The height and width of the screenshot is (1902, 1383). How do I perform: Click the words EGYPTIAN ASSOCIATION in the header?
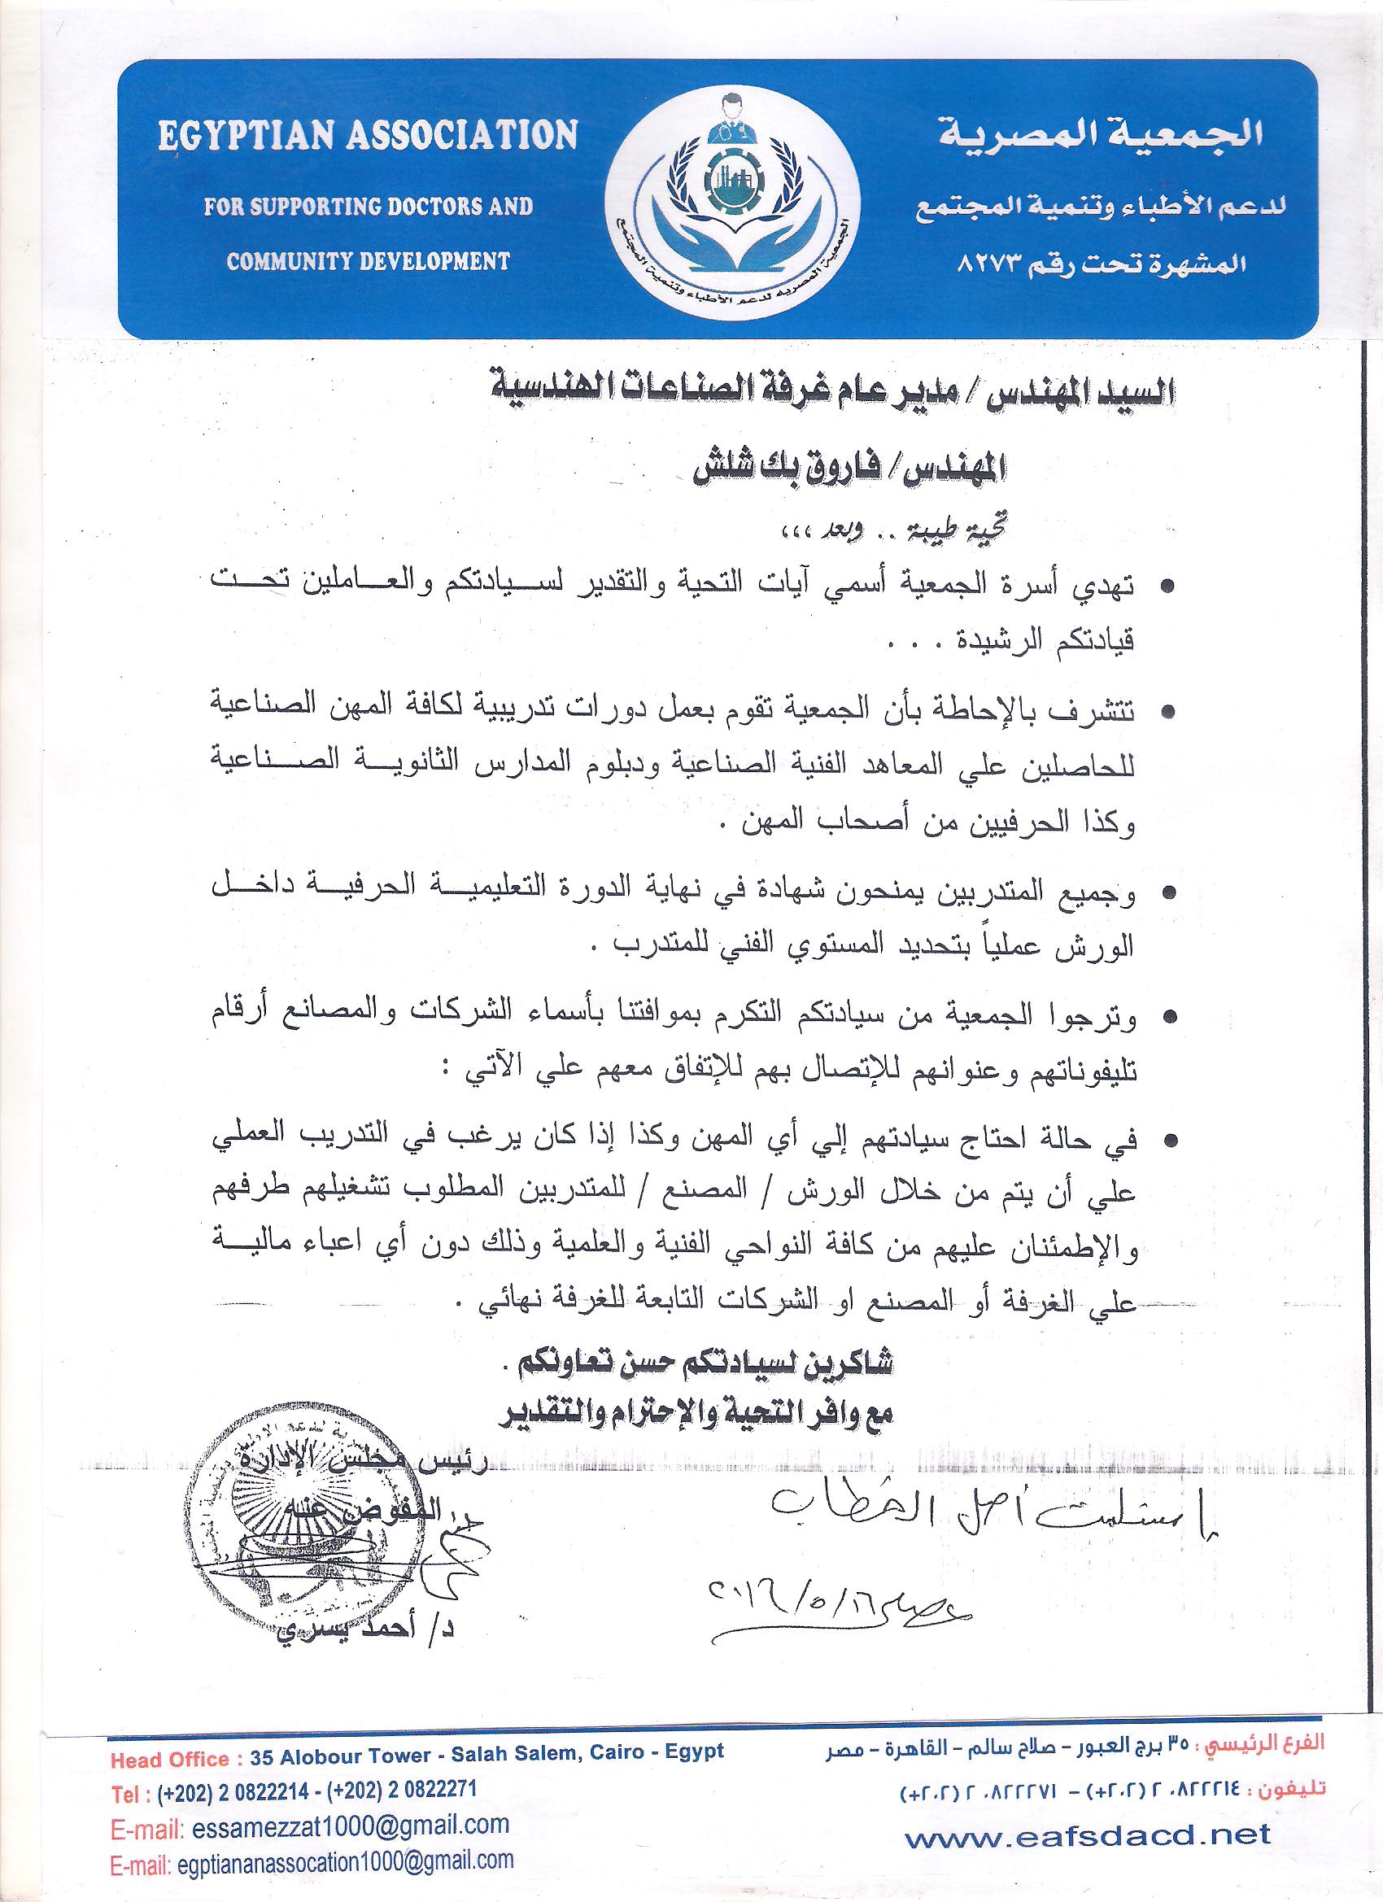369,134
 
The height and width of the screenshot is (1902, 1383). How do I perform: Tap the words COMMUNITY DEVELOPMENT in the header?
369,261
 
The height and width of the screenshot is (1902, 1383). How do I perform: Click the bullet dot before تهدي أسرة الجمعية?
1167,589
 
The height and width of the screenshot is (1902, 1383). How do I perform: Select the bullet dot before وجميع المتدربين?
1167,896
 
